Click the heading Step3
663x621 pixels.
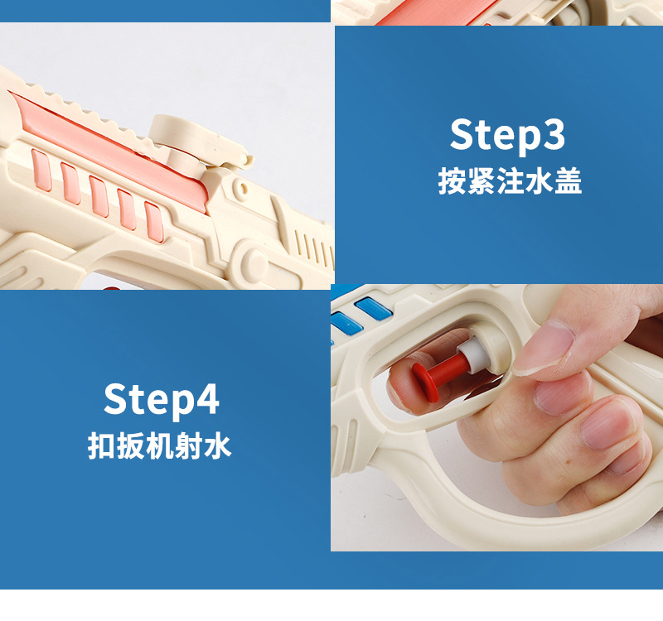[x=507, y=135]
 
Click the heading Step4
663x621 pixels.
[x=162, y=400]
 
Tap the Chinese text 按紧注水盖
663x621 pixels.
[x=510, y=181]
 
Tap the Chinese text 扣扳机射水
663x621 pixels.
[x=159, y=445]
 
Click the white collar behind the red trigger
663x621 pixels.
[x=468, y=353]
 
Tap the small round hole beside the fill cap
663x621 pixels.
[x=242, y=185]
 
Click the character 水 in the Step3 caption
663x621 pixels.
[x=539, y=181]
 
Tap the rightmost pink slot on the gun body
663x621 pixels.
[x=154, y=222]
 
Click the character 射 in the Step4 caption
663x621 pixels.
[x=189, y=445]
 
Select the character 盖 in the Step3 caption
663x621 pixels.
[x=569, y=181]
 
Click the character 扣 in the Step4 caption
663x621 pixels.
[x=101, y=445]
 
